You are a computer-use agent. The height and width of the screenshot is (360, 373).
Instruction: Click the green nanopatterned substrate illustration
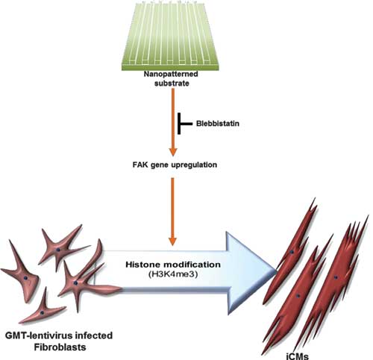pos(171,36)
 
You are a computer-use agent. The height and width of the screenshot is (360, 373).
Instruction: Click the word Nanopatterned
pos(171,74)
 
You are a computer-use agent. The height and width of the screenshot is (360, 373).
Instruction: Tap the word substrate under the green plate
pos(172,83)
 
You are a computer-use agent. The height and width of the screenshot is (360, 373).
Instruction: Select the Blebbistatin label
pos(218,124)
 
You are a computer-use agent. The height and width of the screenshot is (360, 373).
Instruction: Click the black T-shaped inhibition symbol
pos(185,124)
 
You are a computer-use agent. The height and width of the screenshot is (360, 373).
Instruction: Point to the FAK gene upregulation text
pos(175,165)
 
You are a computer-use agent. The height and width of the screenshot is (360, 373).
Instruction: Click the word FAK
pos(140,165)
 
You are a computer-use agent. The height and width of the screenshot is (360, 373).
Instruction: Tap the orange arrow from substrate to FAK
pos(173,122)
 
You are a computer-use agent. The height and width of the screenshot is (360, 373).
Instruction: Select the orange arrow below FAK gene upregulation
pos(173,212)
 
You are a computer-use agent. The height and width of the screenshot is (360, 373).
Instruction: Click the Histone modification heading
pos(173,265)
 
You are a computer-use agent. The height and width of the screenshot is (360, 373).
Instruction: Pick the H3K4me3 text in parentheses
pos(173,274)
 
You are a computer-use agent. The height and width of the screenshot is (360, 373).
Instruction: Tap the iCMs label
pos(298,356)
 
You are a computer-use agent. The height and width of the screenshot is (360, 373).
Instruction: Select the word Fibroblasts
pos(60,347)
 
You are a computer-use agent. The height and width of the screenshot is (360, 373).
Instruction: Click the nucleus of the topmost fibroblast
pos(58,250)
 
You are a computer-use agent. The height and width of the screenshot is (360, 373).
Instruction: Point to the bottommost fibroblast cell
pos(43,308)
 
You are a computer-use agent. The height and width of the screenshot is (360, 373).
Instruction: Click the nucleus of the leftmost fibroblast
pos(25,278)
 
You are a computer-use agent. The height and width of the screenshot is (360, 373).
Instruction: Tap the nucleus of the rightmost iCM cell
pos(336,277)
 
